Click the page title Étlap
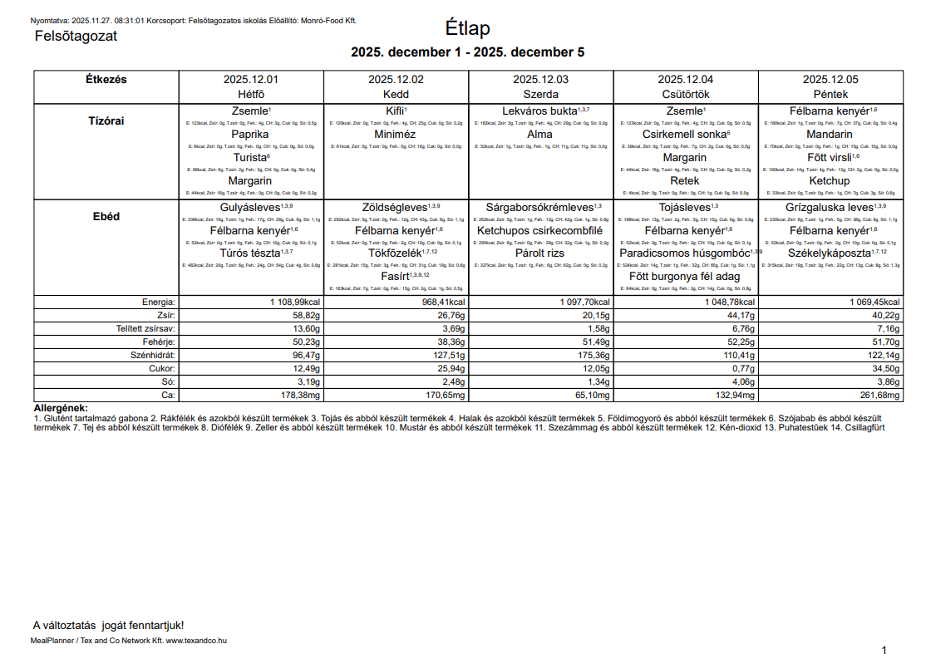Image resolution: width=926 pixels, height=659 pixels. point(467,27)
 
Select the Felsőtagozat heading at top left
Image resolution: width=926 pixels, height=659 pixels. point(76,36)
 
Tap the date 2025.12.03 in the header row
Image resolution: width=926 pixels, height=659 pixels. point(540,80)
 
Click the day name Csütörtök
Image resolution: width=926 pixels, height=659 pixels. point(685,95)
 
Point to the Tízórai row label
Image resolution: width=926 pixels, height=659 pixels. point(106,120)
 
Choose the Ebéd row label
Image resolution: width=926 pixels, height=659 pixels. point(106,217)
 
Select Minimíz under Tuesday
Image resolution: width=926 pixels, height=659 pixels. point(395,134)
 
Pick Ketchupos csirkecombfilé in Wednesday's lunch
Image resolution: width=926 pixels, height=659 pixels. point(539,230)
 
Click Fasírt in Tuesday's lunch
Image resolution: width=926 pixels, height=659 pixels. point(396,276)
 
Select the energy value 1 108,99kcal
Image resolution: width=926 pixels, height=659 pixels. point(294,302)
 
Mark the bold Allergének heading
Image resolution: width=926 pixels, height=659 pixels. point(61,408)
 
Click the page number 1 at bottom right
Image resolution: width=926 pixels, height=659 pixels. point(884,650)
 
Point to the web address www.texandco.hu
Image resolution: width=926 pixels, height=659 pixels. point(196,641)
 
